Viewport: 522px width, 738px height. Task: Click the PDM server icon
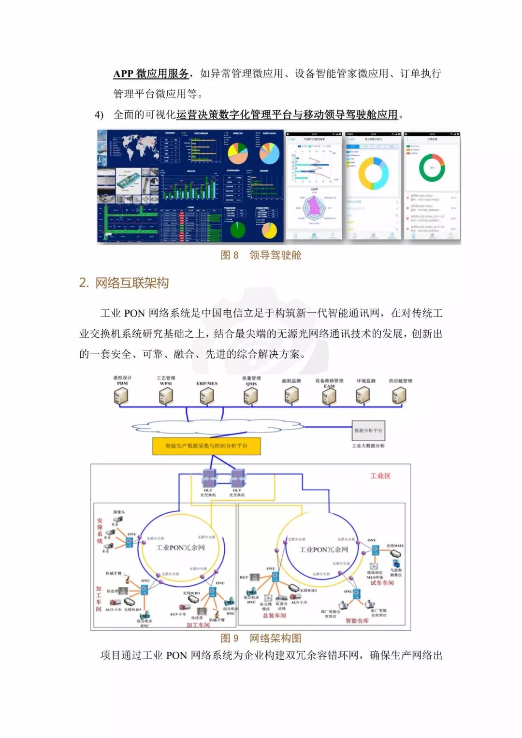point(121,396)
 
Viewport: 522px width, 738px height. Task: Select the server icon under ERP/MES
point(207,396)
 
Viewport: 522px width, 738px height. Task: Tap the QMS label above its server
point(251,384)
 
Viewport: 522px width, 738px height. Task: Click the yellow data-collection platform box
point(206,446)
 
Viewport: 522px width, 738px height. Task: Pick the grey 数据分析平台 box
point(368,430)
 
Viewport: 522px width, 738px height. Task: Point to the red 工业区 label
point(380,476)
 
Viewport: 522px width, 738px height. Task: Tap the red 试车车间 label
point(382,583)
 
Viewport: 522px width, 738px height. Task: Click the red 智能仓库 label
point(357,621)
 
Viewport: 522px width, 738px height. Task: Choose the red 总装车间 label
point(274,615)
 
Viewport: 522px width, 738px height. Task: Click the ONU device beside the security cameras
point(130,542)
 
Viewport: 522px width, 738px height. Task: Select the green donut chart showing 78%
point(432,167)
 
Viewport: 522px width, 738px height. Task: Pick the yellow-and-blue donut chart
point(373,173)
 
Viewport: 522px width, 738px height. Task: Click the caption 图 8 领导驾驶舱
point(261,255)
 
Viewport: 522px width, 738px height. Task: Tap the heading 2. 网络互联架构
point(124,283)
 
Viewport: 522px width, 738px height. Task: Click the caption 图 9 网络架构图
point(261,638)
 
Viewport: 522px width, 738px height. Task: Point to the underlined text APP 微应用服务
point(151,73)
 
